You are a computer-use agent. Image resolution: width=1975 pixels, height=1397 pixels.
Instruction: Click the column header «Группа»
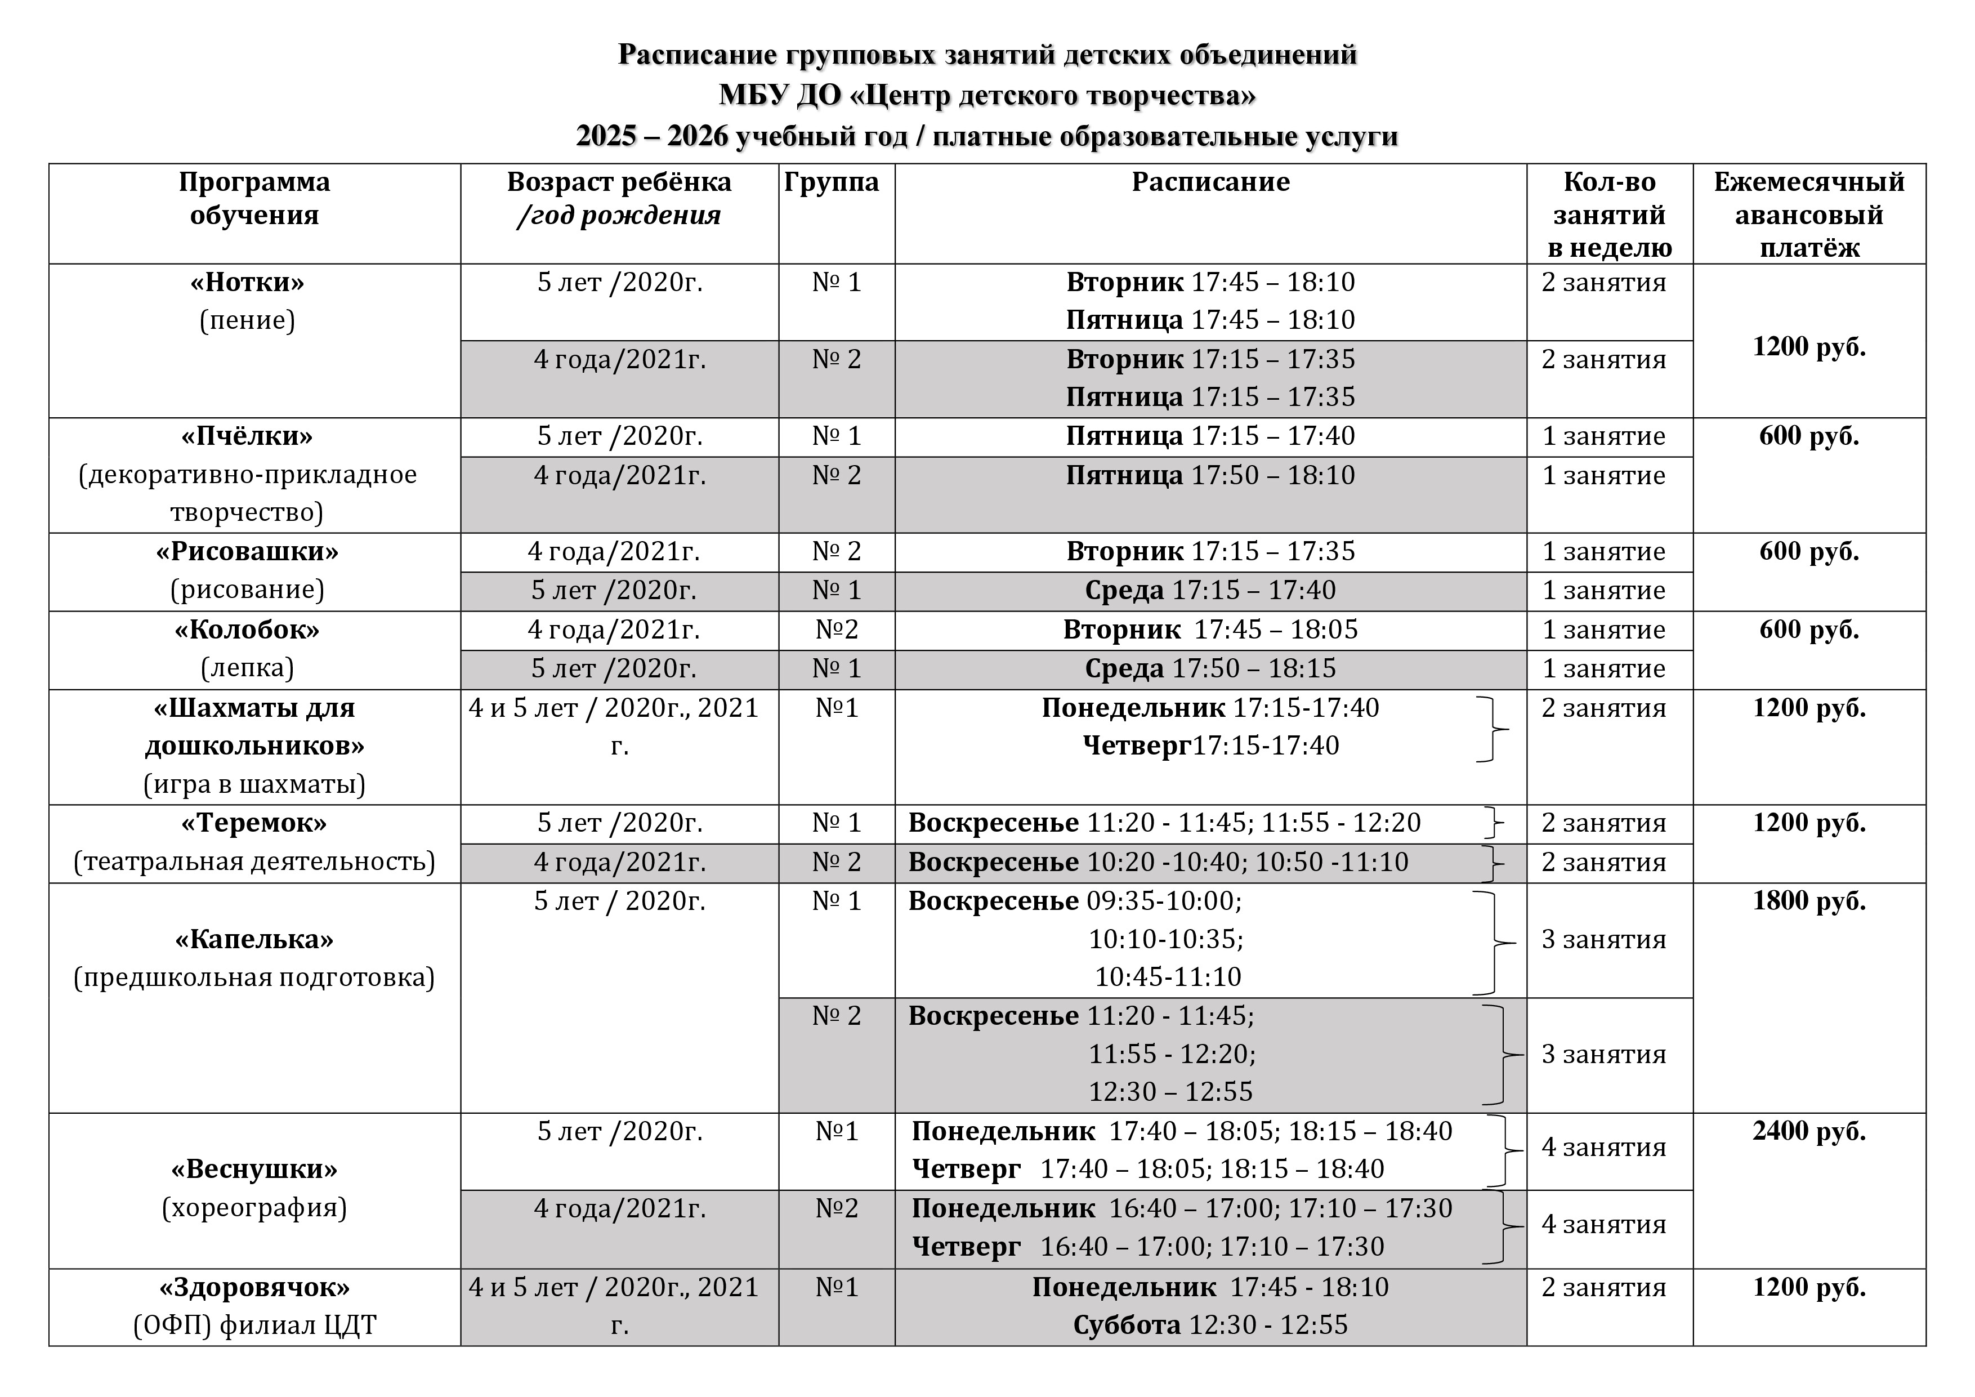coord(831,182)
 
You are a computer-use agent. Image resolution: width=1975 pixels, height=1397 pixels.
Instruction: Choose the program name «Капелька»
coord(254,939)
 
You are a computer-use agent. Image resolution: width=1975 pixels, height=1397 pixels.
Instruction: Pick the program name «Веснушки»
coord(254,1169)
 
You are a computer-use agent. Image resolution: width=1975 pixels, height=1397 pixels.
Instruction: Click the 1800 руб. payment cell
coord(1809,901)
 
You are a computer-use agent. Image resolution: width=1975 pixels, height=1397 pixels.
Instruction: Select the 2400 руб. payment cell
coord(1809,1131)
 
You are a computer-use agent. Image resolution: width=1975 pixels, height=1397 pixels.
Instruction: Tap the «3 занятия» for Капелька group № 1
coord(1603,939)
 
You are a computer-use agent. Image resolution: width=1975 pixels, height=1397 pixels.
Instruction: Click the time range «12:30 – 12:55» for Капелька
coord(1170,1092)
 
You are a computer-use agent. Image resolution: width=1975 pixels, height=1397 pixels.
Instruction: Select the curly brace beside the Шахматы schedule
coord(1494,729)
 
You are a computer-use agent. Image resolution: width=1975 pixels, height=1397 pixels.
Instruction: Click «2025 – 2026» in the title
coord(652,136)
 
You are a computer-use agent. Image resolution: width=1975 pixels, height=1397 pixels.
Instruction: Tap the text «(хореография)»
coord(254,1208)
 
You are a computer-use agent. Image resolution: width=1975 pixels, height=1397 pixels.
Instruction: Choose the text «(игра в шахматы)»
coord(254,784)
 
